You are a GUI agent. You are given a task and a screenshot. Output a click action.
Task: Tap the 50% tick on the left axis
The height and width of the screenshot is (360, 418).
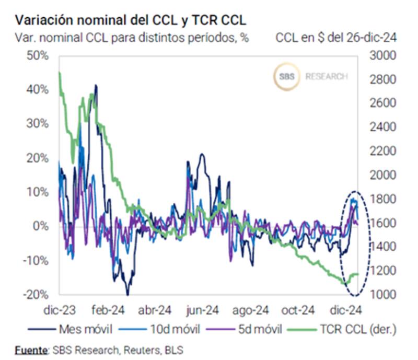point(37,55)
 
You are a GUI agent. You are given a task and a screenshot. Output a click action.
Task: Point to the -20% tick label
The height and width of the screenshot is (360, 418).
point(36,294)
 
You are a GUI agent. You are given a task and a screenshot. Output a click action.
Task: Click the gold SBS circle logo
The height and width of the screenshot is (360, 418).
point(286,76)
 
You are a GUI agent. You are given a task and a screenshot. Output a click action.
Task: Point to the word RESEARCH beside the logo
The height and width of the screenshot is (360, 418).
point(327,77)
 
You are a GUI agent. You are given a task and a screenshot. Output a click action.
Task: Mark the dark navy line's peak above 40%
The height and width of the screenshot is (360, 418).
point(95,85)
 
